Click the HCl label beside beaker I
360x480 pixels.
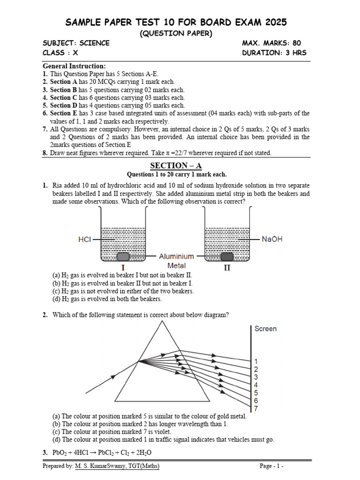(x=84, y=239)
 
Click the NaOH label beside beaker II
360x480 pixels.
(x=272, y=239)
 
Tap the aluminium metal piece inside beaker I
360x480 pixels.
(x=123, y=256)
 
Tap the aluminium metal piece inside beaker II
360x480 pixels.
(x=228, y=256)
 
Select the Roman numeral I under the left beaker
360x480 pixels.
(x=123, y=268)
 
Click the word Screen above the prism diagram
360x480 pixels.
(x=265, y=329)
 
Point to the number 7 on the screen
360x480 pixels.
(x=256, y=409)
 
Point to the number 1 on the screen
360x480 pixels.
(x=256, y=361)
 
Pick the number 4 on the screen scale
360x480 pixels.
(x=256, y=385)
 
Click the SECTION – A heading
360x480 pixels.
(x=176, y=165)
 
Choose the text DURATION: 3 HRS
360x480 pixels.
(x=274, y=52)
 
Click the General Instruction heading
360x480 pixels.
(x=74, y=66)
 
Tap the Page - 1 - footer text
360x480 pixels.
(x=272, y=466)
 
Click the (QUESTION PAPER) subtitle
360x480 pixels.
(x=176, y=33)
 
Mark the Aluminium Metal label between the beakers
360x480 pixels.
(x=176, y=261)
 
